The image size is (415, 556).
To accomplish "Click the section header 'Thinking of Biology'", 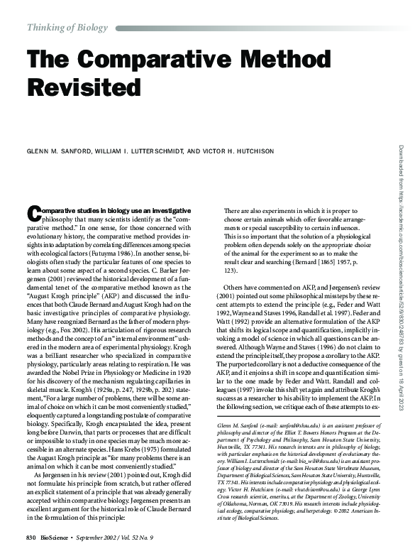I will pyautogui.click(x=67, y=28).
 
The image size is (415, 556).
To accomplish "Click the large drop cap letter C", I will pyautogui.click(x=33, y=214).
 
